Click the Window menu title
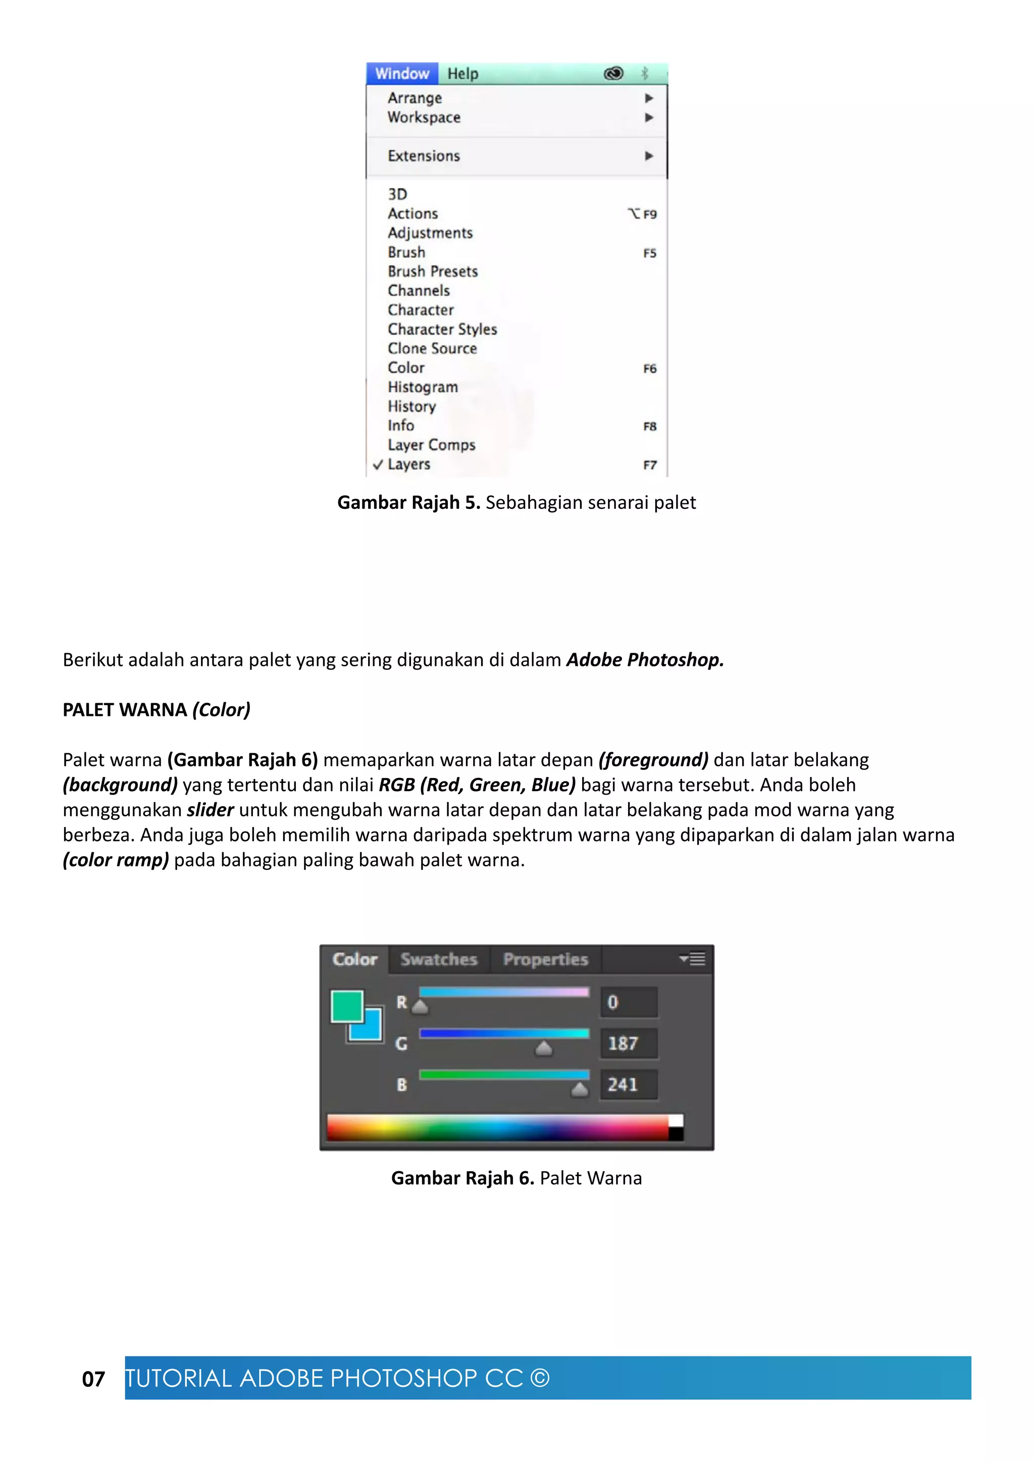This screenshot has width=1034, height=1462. coord(402,74)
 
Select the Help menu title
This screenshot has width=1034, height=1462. coord(462,74)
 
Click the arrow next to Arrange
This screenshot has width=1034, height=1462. coord(649,98)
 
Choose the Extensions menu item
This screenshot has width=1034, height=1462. coord(424,156)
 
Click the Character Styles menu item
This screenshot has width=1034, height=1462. coord(442,329)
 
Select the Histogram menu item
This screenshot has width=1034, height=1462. coord(423,387)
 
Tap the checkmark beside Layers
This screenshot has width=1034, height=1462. coord(378,464)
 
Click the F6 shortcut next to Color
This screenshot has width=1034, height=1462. coord(649,369)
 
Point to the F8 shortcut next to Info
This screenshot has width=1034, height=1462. coord(649,427)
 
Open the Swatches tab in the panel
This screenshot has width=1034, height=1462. coord(439,960)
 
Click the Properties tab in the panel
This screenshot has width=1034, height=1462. coord(546,960)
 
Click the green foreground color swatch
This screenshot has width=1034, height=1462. coord(346,1006)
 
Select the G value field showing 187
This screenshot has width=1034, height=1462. coord(629,1043)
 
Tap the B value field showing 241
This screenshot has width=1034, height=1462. coord(629,1084)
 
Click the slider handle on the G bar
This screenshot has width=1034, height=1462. coord(543,1048)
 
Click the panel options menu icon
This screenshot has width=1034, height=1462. coord(693,958)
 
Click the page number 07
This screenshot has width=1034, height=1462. coord(93,1379)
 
